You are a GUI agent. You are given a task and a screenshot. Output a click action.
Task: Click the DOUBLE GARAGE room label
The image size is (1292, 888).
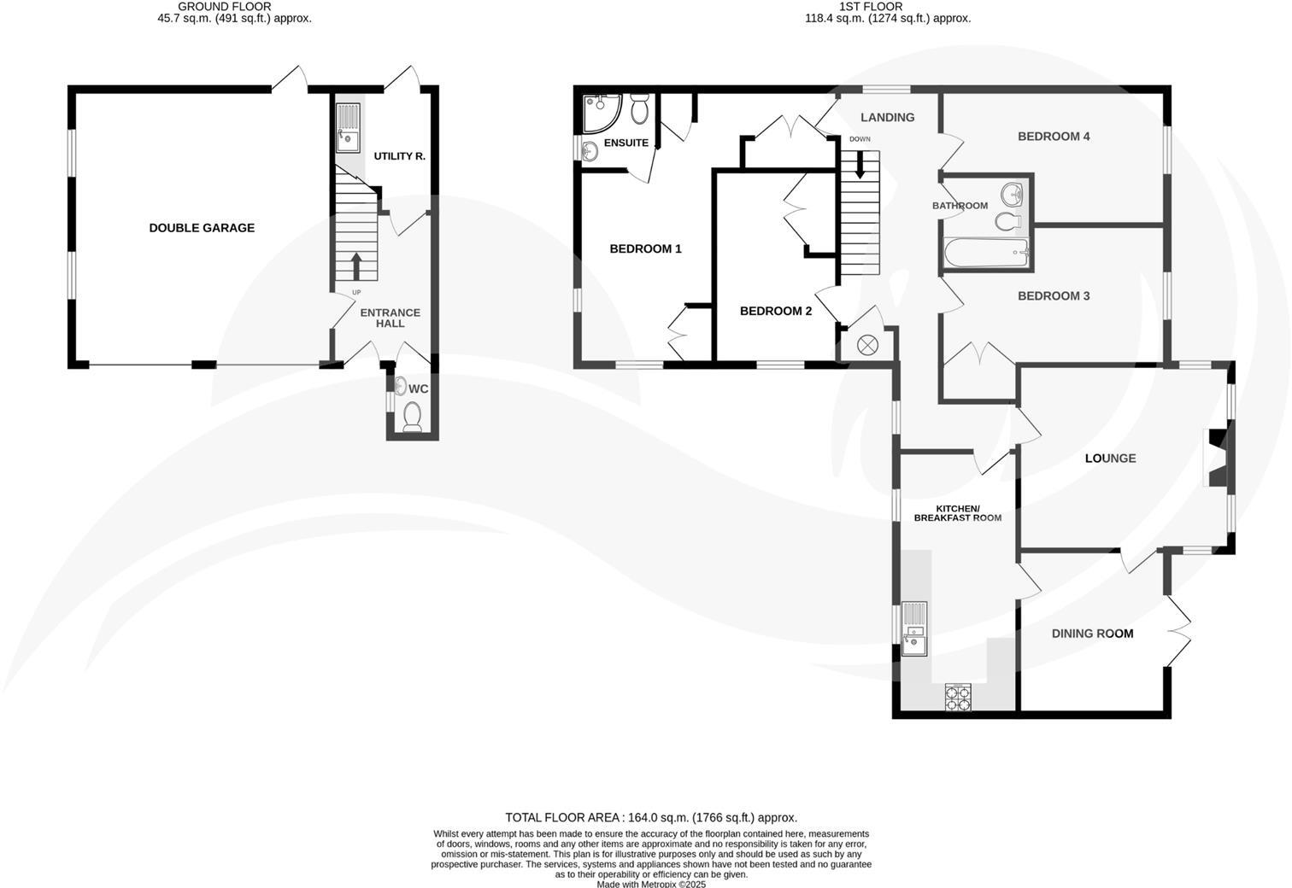click(202, 228)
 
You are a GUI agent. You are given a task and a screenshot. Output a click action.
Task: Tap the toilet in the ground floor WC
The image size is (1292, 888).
click(412, 418)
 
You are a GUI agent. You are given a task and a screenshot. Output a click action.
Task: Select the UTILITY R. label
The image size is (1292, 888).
click(399, 156)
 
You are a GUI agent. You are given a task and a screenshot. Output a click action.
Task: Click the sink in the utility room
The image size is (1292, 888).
click(348, 128)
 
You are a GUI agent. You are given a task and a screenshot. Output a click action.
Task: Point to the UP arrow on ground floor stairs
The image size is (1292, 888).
click(355, 265)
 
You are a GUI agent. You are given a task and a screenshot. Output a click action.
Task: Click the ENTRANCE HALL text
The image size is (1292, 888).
click(390, 318)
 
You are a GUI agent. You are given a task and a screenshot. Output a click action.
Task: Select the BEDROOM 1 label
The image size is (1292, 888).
click(645, 249)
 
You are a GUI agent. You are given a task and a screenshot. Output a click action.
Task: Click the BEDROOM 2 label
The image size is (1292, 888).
click(776, 311)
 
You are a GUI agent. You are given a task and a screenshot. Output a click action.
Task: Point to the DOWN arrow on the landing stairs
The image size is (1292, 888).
click(860, 165)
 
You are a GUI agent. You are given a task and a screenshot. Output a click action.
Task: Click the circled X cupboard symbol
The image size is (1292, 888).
click(867, 345)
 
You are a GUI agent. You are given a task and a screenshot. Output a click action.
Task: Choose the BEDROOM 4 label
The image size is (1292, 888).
click(1054, 137)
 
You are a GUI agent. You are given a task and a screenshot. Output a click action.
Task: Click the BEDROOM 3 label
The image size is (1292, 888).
click(1054, 296)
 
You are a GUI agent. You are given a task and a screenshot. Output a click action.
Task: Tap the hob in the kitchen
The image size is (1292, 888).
click(958, 698)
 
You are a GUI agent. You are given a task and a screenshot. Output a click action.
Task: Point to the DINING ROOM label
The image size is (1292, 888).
click(1092, 634)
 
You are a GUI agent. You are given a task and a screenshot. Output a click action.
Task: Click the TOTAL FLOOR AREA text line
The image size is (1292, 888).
click(651, 817)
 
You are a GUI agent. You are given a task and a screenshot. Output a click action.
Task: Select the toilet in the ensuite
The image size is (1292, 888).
click(639, 111)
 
